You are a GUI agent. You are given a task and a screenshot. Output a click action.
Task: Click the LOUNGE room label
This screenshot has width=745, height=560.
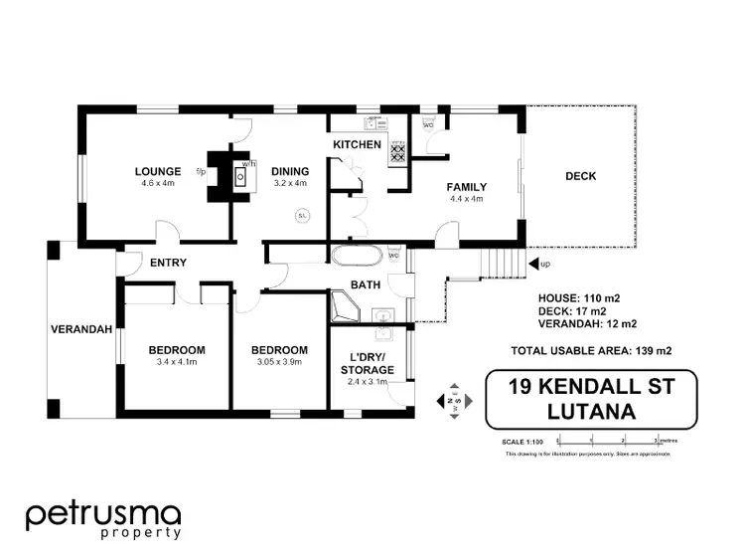(x=158, y=171)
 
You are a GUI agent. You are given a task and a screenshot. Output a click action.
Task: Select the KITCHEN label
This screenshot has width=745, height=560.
(x=357, y=145)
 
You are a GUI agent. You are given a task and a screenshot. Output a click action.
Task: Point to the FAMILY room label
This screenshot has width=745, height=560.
(x=465, y=186)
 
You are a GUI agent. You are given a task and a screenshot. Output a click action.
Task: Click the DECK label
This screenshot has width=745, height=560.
(x=581, y=176)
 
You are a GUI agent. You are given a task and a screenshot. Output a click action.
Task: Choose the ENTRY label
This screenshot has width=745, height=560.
(x=169, y=263)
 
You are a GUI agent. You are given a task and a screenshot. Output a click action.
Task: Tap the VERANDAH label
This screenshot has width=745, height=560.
(x=81, y=330)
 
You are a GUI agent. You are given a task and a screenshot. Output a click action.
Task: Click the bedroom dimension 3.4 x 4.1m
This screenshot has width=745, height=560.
(x=177, y=364)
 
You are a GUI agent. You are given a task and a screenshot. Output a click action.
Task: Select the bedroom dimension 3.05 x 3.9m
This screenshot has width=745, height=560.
(x=278, y=364)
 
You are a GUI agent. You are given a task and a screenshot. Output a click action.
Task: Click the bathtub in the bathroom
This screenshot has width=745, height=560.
(x=356, y=257)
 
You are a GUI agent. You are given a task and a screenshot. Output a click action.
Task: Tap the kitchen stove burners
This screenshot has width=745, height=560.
(x=396, y=150)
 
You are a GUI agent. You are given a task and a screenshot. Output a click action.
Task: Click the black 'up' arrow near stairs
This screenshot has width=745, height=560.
(x=534, y=264)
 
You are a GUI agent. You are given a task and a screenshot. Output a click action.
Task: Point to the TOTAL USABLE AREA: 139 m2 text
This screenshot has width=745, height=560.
(x=577, y=350)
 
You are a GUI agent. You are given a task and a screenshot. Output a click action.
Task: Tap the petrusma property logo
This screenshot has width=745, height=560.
(x=103, y=518)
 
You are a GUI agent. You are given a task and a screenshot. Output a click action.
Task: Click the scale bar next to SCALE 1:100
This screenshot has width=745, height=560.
(x=607, y=439)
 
